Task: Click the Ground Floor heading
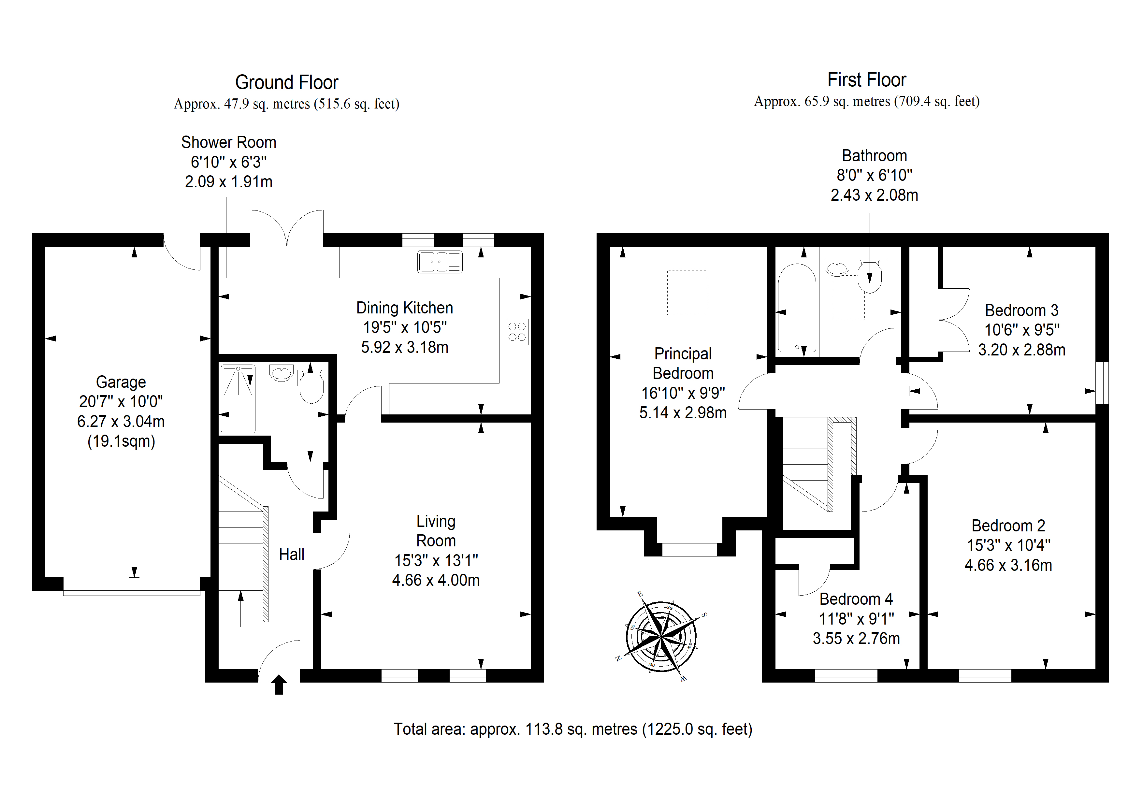click(287, 82)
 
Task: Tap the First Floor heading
click(867, 79)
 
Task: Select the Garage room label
click(121, 382)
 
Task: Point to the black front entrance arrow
click(279, 685)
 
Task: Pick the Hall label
click(292, 554)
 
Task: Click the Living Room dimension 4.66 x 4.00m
click(436, 580)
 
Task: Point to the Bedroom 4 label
click(856, 599)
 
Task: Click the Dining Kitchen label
click(405, 308)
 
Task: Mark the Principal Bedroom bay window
click(689, 550)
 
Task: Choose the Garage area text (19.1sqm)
click(121, 441)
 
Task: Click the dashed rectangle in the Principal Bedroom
click(687, 292)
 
